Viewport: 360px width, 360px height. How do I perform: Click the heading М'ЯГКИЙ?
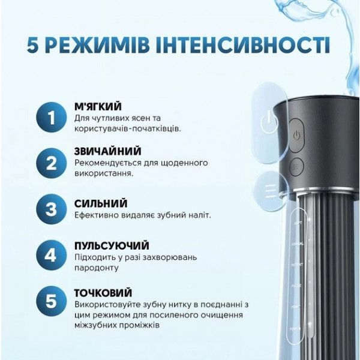pos(97,107)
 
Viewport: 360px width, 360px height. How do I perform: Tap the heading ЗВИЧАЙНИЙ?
pos(107,151)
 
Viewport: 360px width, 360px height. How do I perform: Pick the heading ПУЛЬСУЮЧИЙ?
pos(112,246)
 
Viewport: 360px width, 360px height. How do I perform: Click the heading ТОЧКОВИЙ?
pos(103,293)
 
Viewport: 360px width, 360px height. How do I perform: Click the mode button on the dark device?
pos(296,166)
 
